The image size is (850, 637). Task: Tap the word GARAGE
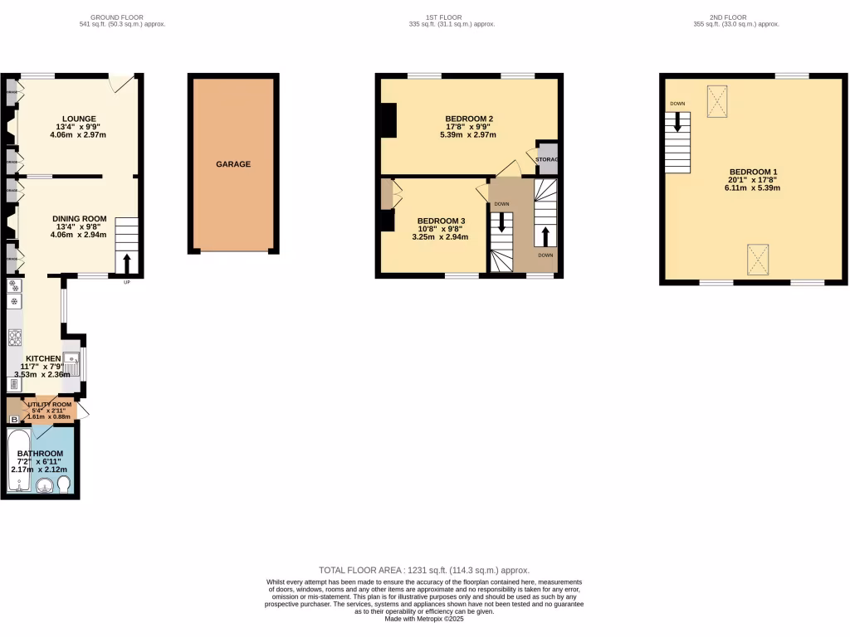[233, 164]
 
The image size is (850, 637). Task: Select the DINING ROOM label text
[81, 219]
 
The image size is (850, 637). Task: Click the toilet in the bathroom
[64, 484]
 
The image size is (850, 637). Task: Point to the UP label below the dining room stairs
[126, 283]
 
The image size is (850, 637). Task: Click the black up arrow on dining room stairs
[127, 263]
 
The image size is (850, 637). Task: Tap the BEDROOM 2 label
[470, 119]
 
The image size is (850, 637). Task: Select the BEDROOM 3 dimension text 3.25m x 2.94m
[440, 236]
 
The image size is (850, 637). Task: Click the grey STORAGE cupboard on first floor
[547, 158]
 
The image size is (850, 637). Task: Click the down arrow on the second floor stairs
[677, 123]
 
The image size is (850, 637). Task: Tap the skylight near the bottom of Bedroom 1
[756, 258]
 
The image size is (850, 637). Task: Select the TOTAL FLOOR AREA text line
[424, 570]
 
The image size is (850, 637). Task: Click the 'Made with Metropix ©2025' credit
[424, 618]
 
